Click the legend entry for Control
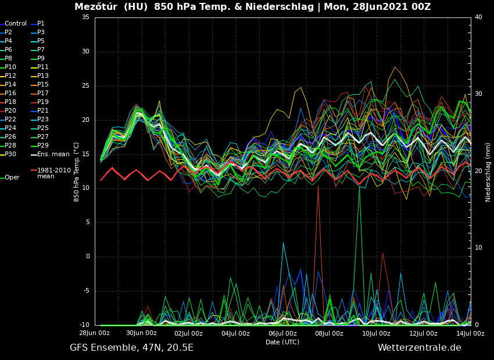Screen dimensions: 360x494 [16, 24]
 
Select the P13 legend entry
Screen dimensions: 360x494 [43, 76]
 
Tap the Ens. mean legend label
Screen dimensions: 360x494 [53, 154]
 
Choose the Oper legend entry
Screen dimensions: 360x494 [12, 178]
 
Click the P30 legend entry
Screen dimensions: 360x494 [10, 154]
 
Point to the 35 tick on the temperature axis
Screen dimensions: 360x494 [85, 17]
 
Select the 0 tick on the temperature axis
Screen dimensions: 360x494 [87, 257]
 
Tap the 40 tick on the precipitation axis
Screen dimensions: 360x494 [478, 17]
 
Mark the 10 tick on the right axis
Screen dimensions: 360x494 [478, 248]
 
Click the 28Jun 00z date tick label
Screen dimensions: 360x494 [95, 333]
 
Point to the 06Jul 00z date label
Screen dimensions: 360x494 [282, 333]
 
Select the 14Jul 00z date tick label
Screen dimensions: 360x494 [470, 333]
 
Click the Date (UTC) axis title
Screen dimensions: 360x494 [282, 343]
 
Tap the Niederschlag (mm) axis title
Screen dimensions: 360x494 [488, 172]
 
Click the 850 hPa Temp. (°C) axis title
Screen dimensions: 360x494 [77, 172]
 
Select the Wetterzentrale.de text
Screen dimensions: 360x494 [419, 348]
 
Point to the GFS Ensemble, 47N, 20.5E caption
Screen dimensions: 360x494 [131, 348]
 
